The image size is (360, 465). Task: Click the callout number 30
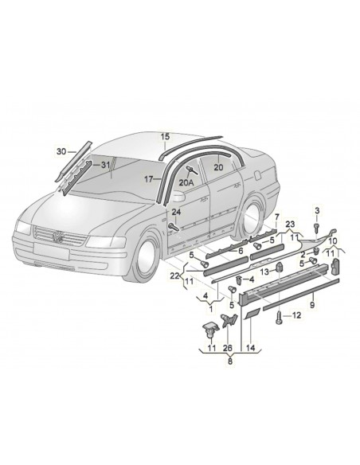(x=61, y=150)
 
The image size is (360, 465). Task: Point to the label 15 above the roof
(x=166, y=137)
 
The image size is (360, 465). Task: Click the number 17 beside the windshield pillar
(x=148, y=179)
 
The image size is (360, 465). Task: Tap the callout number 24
(x=177, y=213)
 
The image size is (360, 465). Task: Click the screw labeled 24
(x=173, y=228)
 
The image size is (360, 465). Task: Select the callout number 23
(x=291, y=225)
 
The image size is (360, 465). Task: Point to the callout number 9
(x=312, y=303)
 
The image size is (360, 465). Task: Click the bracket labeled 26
(x=226, y=321)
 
